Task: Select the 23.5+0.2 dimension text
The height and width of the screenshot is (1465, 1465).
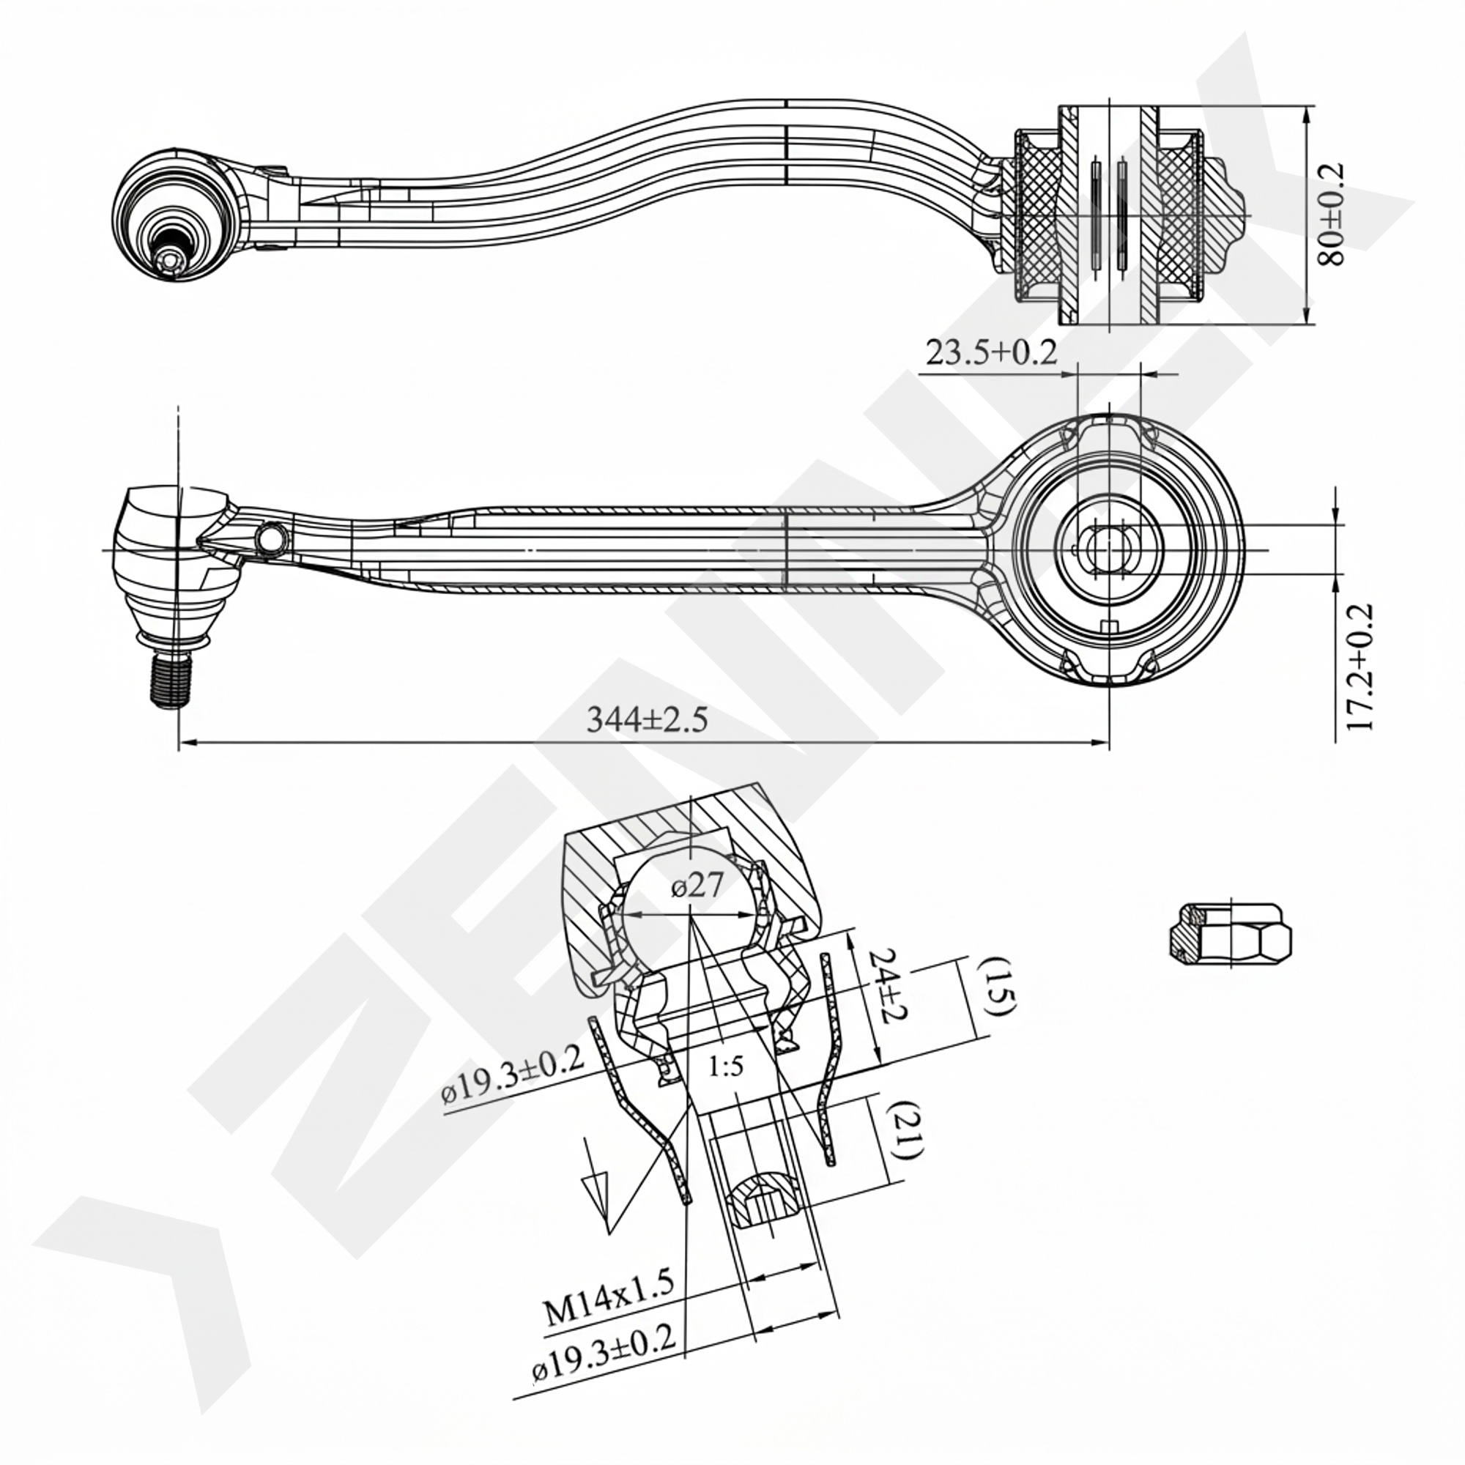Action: coord(991,352)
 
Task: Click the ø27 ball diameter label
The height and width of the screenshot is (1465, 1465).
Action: coord(697,885)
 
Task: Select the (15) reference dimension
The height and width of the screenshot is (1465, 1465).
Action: coord(995,986)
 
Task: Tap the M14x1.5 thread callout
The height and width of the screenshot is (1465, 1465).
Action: coord(608,1297)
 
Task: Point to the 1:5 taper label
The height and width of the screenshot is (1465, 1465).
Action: coord(726,1067)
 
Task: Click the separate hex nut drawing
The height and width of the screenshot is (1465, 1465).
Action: coord(1229,934)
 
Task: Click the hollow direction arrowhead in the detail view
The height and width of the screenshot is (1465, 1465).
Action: coord(595,1192)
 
